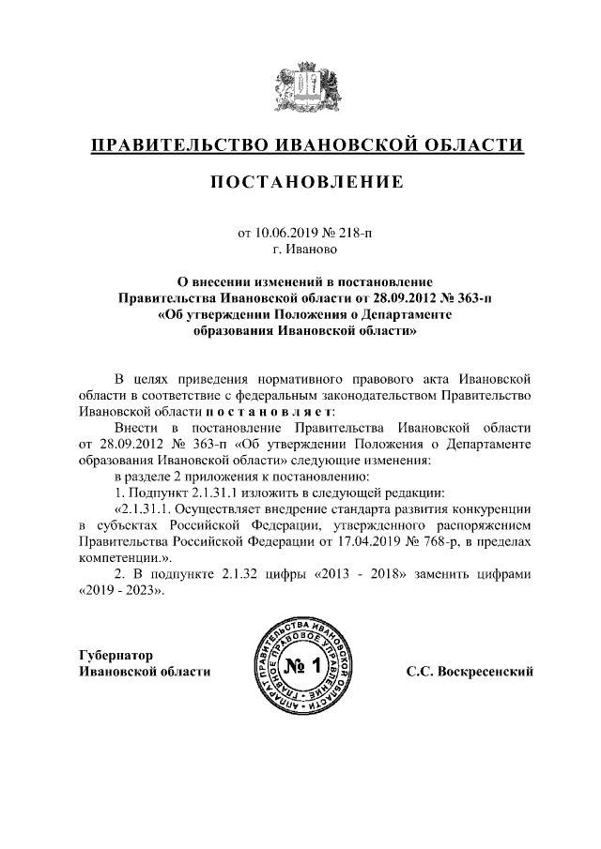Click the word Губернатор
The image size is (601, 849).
click(116, 654)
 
